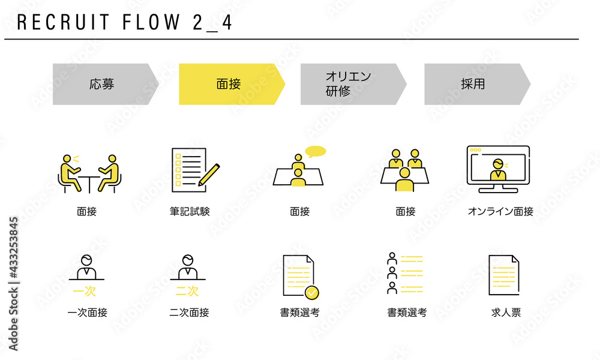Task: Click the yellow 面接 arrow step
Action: point(232,84)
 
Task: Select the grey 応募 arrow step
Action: point(106,84)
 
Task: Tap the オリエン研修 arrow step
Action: point(353,84)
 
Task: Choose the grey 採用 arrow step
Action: point(477,84)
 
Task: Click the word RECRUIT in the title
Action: point(64,22)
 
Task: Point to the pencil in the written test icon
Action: point(209,175)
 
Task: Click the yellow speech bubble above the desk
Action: point(316,151)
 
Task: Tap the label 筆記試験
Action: point(190,211)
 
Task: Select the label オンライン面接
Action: point(500,211)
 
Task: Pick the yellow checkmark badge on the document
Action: point(312,293)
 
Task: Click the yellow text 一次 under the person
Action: point(84,291)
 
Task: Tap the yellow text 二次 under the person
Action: point(187,291)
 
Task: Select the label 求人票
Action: point(506,313)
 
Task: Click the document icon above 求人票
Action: point(504,275)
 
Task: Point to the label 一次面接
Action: point(87,313)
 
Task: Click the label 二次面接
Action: point(189,313)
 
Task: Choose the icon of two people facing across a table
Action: point(89,173)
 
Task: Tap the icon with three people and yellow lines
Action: point(405,273)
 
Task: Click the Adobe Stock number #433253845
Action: point(13,248)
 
